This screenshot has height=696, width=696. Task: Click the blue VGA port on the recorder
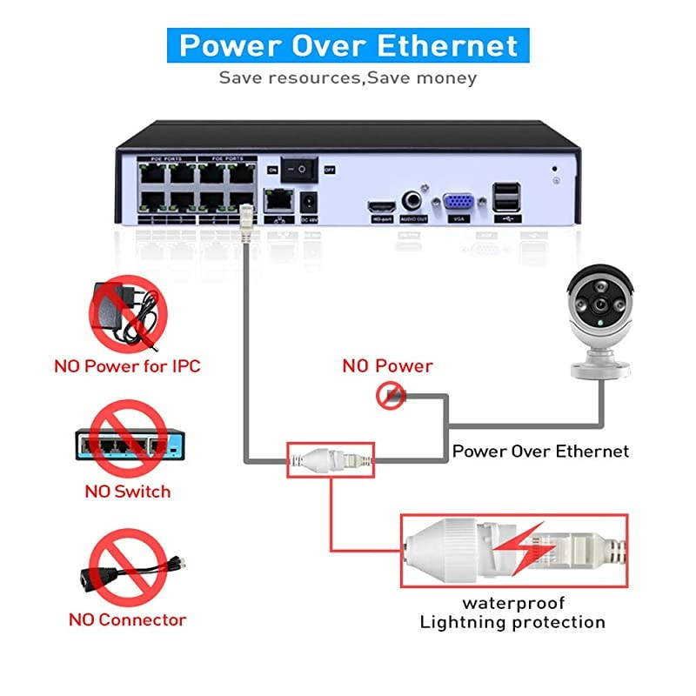pyautogui.click(x=458, y=203)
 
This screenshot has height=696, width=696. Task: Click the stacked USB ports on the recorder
pyautogui.click(x=507, y=199)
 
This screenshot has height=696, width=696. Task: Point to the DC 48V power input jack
pyautogui.click(x=307, y=205)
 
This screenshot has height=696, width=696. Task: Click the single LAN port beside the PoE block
pyautogui.click(x=278, y=200)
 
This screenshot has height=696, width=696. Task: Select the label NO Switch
pyautogui.click(x=127, y=492)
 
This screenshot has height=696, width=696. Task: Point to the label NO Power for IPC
pyautogui.click(x=127, y=365)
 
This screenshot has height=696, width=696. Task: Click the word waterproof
pyautogui.click(x=513, y=603)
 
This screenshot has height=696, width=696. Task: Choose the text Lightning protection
pyautogui.click(x=512, y=622)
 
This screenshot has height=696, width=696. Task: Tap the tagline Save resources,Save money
pyautogui.click(x=348, y=77)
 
